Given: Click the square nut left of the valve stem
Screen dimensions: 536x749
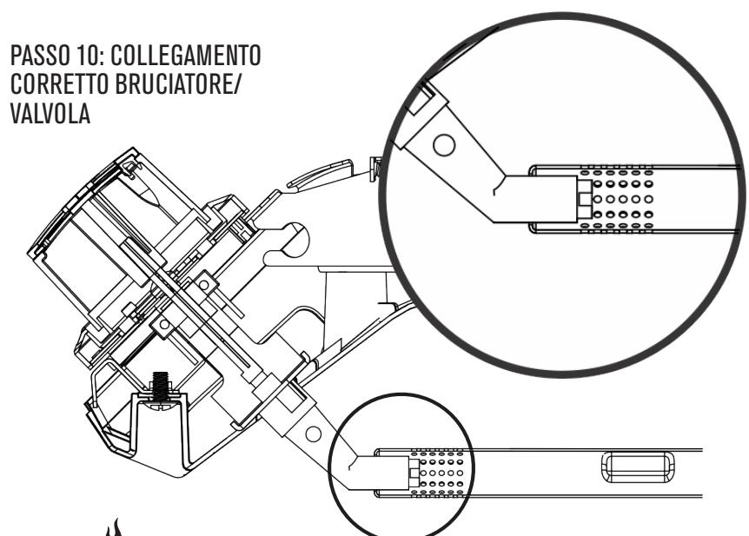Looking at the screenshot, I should pos(162,324).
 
